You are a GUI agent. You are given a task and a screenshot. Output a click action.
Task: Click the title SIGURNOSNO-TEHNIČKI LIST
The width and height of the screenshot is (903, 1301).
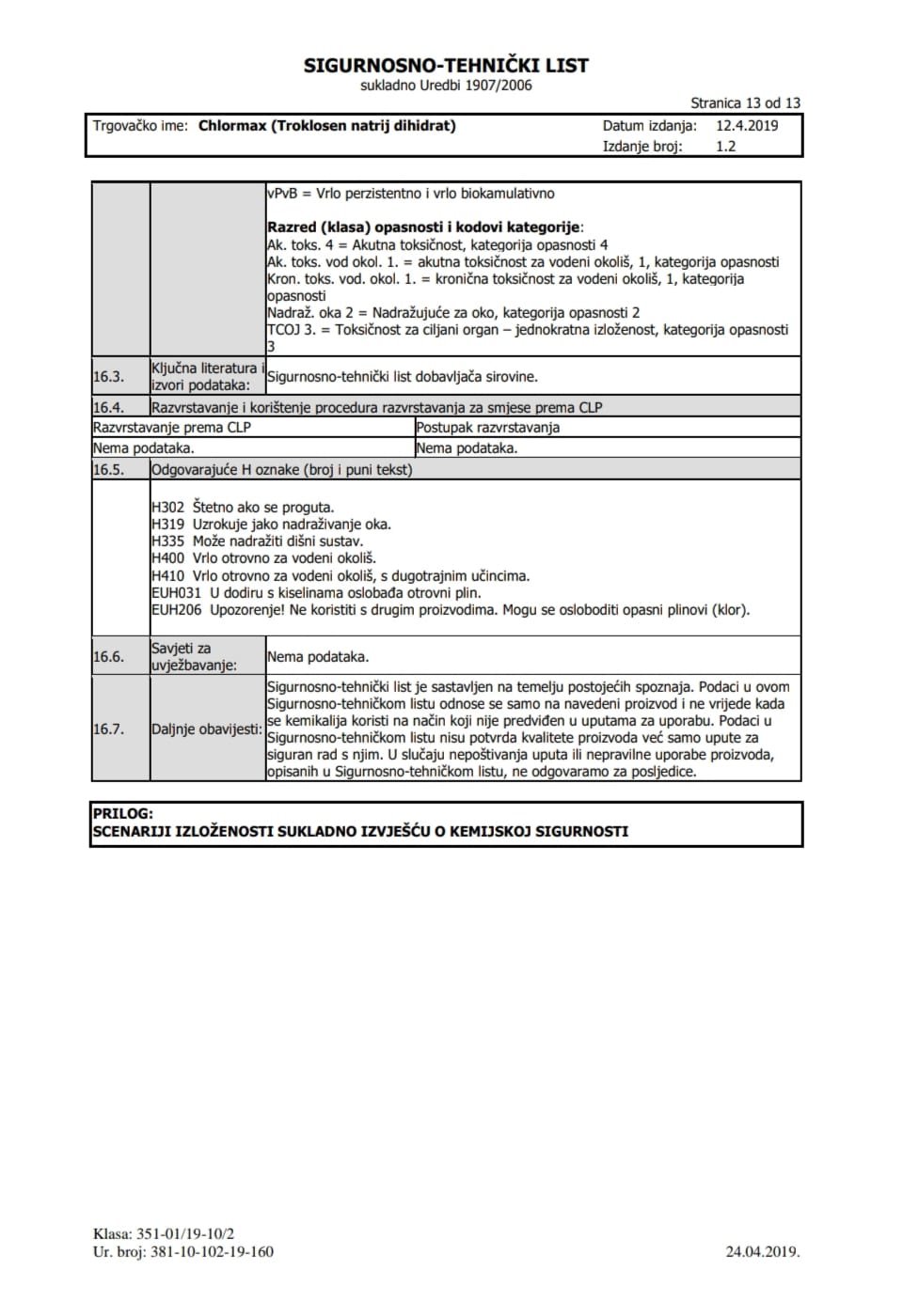click(x=446, y=66)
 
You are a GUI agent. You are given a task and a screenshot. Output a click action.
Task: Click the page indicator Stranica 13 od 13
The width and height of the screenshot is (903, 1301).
click(x=745, y=103)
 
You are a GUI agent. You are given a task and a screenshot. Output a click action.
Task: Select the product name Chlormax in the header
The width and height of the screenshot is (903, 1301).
click(x=232, y=126)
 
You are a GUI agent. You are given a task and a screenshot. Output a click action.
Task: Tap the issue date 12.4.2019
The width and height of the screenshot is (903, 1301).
click(x=747, y=126)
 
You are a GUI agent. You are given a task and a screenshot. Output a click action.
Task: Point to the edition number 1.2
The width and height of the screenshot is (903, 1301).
click(x=725, y=147)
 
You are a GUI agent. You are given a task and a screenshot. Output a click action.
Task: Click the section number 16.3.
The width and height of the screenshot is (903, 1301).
click(x=108, y=377)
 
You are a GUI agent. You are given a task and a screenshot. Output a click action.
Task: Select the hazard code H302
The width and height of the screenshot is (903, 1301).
click(x=167, y=508)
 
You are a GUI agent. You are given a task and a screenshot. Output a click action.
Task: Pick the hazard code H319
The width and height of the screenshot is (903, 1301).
click(x=167, y=525)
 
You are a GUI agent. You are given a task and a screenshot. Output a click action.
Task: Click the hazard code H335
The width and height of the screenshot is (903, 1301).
click(x=167, y=541)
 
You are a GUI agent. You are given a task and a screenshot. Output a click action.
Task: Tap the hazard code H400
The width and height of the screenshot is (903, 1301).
click(x=167, y=558)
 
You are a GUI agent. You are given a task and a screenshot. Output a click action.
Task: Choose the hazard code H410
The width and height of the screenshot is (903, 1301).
click(x=167, y=576)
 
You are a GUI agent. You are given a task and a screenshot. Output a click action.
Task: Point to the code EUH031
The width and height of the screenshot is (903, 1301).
click(x=176, y=593)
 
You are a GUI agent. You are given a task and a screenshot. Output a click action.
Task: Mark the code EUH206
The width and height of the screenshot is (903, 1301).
click(x=176, y=610)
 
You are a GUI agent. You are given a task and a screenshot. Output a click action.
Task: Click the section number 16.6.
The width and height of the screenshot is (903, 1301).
click(x=108, y=657)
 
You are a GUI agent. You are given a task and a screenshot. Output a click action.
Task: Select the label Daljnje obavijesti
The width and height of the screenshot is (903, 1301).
click(x=206, y=729)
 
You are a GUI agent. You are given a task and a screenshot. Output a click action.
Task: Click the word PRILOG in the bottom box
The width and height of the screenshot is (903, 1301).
click(x=123, y=814)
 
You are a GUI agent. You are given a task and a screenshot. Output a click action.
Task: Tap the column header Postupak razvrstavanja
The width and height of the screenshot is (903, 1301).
click(x=487, y=428)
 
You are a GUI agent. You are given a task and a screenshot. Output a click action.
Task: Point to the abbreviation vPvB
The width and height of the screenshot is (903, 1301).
click(x=282, y=194)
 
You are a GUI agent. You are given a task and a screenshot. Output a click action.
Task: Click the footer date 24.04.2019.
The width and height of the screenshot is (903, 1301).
click(x=762, y=1252)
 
